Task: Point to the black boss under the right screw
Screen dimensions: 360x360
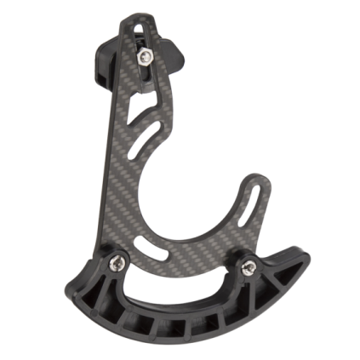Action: pyautogui.click(x=250, y=274)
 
